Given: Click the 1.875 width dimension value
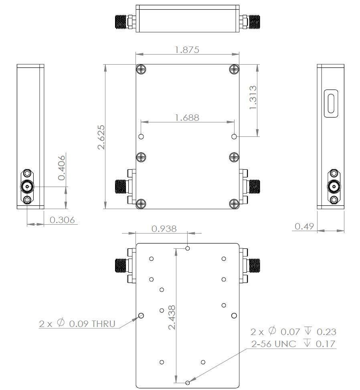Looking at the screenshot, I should (187, 49).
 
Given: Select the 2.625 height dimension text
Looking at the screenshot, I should (101, 137).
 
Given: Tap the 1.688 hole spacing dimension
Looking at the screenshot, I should (187, 118).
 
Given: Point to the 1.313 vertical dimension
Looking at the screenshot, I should (253, 97).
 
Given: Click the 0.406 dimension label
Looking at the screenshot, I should (62, 168).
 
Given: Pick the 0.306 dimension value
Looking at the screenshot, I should (62, 220).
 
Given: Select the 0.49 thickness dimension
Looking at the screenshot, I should (304, 226).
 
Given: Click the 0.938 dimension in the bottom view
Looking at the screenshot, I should (164, 229).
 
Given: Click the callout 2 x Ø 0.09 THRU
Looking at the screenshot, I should (77, 324).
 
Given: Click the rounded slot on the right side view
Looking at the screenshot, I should (331, 104).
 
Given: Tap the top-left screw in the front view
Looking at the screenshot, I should (141, 69).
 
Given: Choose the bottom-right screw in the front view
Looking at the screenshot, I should (234, 204).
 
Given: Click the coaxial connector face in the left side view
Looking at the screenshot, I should (27, 187).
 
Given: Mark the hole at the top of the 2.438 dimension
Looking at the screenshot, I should (188, 248).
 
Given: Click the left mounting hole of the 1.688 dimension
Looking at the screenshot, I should (141, 137).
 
